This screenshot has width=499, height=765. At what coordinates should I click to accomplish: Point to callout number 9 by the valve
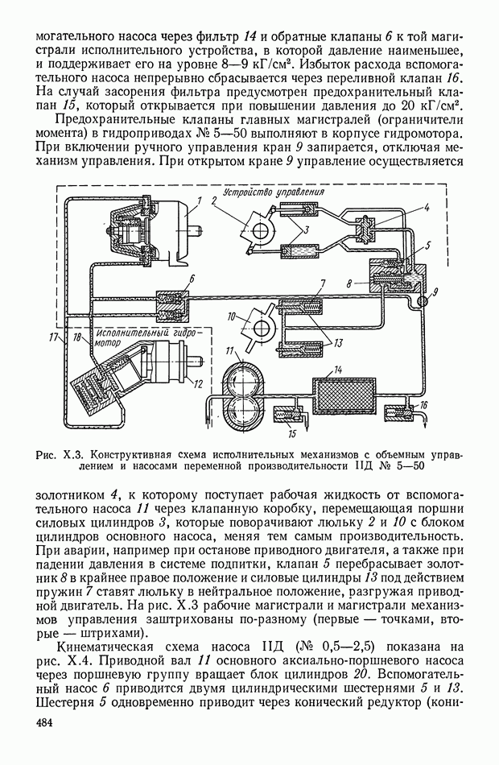click(x=436, y=290)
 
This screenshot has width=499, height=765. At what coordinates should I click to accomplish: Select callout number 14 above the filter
click(x=339, y=368)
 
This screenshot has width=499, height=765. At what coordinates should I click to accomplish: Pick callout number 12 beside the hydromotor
click(x=196, y=383)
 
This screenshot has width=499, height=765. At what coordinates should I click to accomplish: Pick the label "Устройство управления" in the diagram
click(x=274, y=194)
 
